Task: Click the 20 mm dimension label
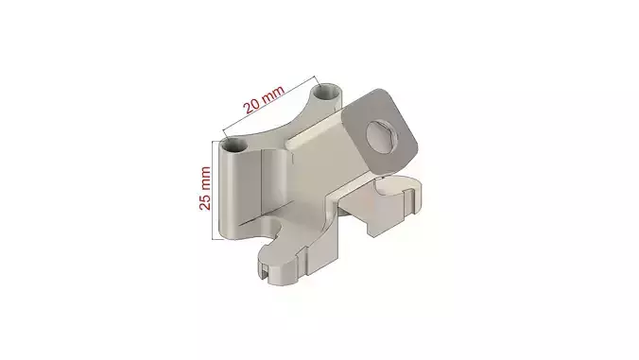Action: click(263, 100)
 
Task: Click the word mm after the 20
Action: click(273, 94)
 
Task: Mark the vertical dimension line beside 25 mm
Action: click(213, 189)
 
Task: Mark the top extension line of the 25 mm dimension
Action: click(219, 141)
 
